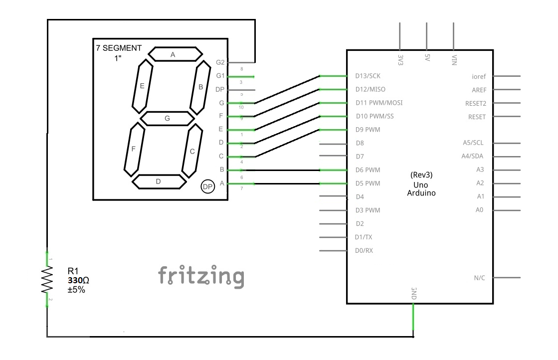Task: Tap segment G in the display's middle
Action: tap(167, 118)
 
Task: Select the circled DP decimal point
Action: tap(207, 186)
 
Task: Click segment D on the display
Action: tap(159, 181)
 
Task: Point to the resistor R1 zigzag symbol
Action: tap(47, 279)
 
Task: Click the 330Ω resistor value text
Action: tap(79, 281)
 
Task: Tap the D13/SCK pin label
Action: tap(368, 76)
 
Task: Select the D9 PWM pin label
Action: tap(368, 130)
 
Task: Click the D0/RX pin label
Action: tap(364, 250)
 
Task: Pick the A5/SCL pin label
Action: tap(473, 143)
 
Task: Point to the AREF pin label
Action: tap(479, 90)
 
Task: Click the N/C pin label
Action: tap(479, 278)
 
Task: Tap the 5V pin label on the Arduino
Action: tap(427, 58)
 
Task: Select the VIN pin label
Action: tap(454, 59)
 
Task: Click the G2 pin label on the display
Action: tap(220, 62)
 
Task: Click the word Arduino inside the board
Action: tap(421, 192)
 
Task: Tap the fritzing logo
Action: tap(201, 276)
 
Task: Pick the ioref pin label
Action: tap(479, 77)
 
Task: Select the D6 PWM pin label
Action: tap(368, 170)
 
